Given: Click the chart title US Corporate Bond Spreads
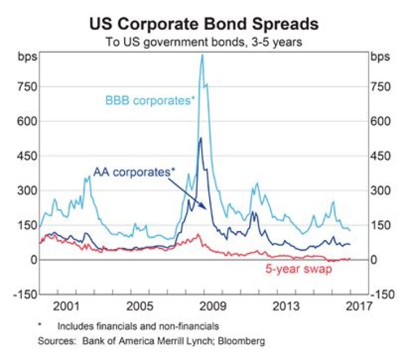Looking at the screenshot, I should (x=203, y=24).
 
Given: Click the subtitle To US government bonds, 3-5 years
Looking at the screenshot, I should (x=203, y=41).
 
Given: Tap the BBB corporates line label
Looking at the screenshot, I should (x=149, y=101).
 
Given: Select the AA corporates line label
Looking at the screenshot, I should (x=134, y=172).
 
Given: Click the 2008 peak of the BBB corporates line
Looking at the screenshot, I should (x=202, y=54).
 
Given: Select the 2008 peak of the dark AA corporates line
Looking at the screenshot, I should (x=200, y=138).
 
